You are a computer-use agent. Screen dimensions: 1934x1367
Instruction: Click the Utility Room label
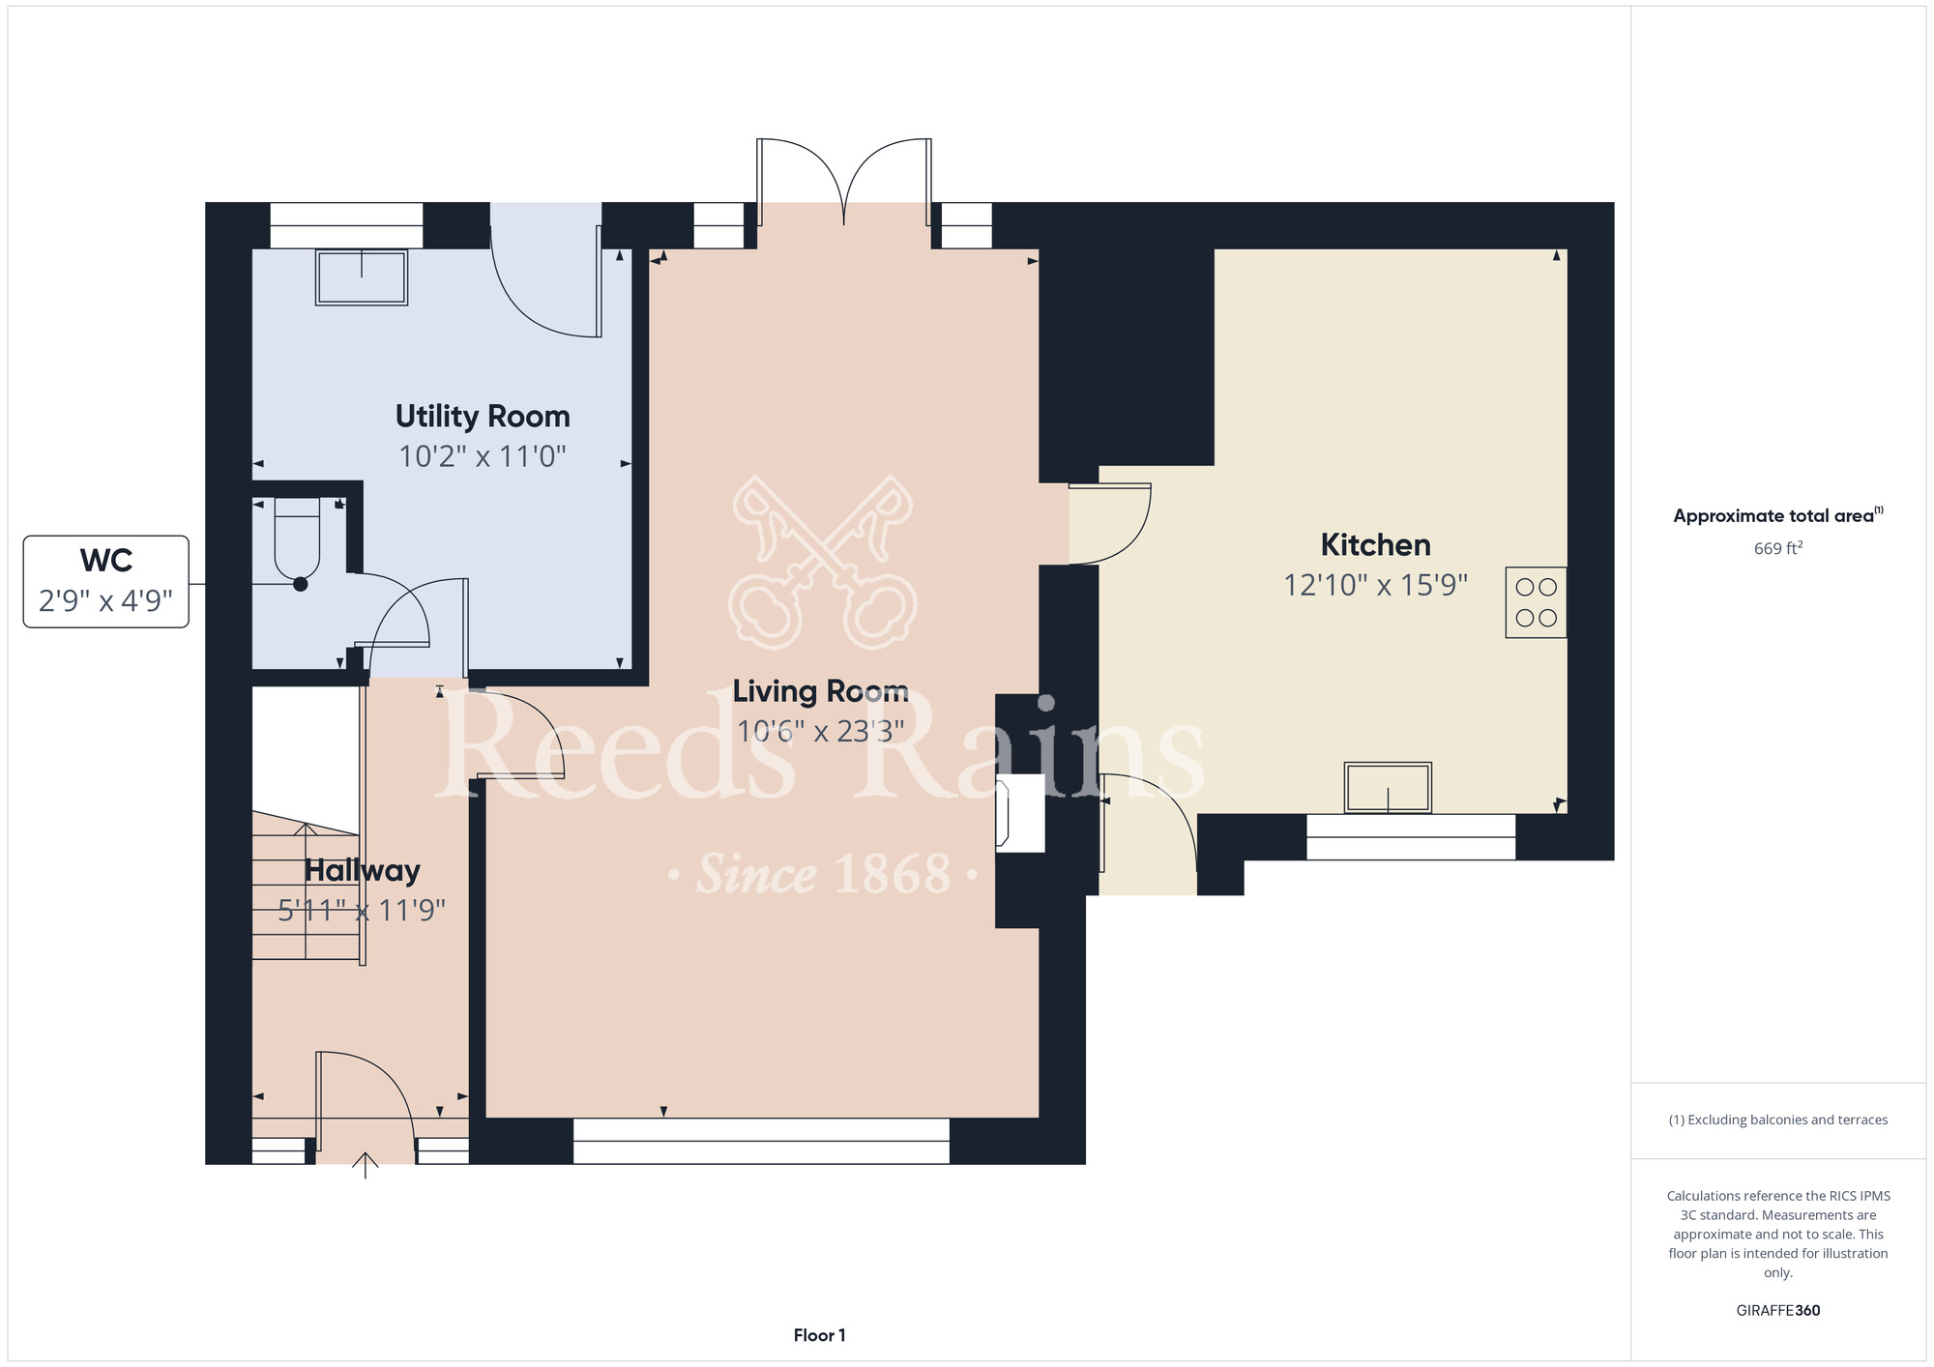point(483,417)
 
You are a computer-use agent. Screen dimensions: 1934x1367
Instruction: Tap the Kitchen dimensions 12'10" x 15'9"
point(1375,585)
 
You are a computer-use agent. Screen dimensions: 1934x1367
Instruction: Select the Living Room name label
point(820,691)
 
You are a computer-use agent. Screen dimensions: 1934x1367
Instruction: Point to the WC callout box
point(106,582)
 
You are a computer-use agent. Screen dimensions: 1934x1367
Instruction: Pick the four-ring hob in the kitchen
point(1536,602)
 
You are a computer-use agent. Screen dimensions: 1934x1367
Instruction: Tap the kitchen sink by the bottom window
point(1388,787)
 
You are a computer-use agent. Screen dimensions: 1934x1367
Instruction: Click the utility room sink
point(362,277)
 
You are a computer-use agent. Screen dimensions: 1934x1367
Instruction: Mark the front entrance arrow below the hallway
point(365,1166)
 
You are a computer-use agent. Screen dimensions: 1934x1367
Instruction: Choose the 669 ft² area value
point(1778,548)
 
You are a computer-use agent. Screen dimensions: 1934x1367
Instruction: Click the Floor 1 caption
point(819,1335)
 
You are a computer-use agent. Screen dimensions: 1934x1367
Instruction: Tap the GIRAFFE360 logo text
point(1778,1311)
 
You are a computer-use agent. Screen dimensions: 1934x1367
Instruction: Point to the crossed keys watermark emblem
point(823,562)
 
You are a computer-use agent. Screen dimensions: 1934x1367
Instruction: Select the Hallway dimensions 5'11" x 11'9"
point(362,911)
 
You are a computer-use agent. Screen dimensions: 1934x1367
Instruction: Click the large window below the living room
point(761,1141)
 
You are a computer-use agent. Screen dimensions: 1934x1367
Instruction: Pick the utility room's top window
point(346,225)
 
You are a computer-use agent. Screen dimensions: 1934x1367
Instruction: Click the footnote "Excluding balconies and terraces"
point(1778,1120)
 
